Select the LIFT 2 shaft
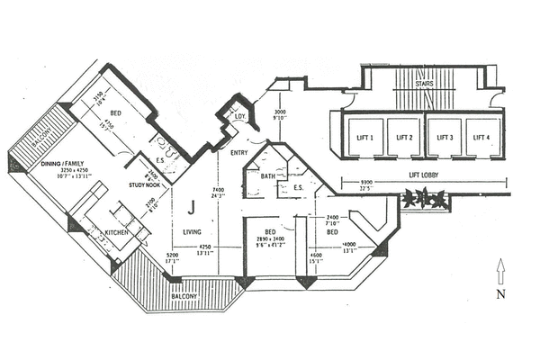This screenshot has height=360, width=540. pyautogui.click(x=403, y=138)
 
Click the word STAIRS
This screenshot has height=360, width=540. pyautogui.click(x=426, y=85)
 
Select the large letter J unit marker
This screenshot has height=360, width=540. pyautogui.click(x=192, y=207)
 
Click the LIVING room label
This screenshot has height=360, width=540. pyautogui.click(x=192, y=231)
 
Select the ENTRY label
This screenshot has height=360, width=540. pyautogui.click(x=239, y=152)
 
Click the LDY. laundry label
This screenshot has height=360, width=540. pyautogui.click(x=240, y=117)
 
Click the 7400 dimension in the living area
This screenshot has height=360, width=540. pyautogui.click(x=218, y=190)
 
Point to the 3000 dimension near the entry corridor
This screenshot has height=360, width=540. pyautogui.click(x=280, y=112)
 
